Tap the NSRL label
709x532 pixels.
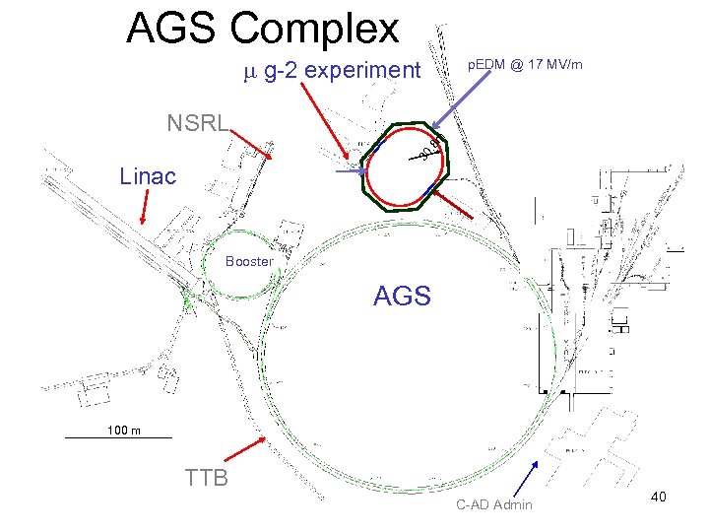198,123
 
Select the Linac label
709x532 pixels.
148,177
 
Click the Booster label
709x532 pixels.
249,262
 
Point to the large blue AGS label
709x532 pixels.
402,296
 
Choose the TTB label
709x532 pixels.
207,479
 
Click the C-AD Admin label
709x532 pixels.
494,505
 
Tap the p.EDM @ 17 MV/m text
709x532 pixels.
525,65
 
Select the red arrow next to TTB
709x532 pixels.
245,448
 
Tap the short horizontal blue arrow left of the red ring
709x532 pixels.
349,172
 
